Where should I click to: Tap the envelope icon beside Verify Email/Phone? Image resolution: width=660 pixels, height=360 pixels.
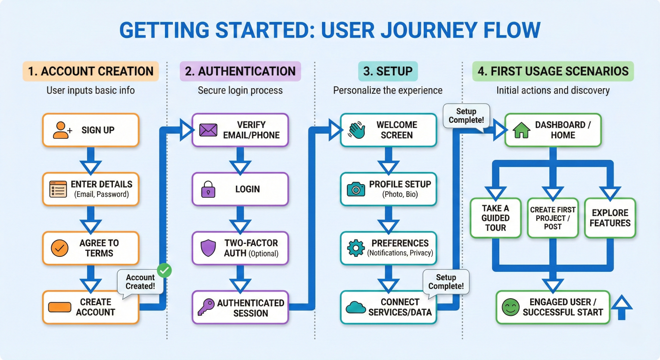[208, 130]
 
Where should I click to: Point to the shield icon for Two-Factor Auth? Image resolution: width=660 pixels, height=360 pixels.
[208, 248]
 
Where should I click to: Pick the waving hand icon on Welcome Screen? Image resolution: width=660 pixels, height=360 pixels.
[357, 130]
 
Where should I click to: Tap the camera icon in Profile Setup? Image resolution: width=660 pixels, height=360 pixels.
[356, 189]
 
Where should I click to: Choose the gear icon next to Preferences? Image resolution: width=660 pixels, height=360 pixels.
[356, 248]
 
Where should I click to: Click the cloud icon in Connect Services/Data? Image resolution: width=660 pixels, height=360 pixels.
[356, 307]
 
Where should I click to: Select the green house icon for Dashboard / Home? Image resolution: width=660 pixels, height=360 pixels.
[521, 130]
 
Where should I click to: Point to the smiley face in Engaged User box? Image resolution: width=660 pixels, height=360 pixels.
[510, 307]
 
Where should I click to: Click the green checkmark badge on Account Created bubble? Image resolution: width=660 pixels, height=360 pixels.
[165, 270]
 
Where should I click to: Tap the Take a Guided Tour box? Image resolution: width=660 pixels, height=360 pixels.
[495, 218]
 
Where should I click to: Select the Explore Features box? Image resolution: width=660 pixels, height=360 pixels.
[610, 218]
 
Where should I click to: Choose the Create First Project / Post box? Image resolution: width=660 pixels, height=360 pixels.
[553, 218]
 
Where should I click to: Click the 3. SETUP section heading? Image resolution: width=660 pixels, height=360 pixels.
[388, 71]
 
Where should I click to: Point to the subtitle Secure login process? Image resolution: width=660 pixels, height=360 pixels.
[240, 90]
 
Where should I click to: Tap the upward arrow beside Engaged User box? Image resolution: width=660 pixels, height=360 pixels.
[622, 307]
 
